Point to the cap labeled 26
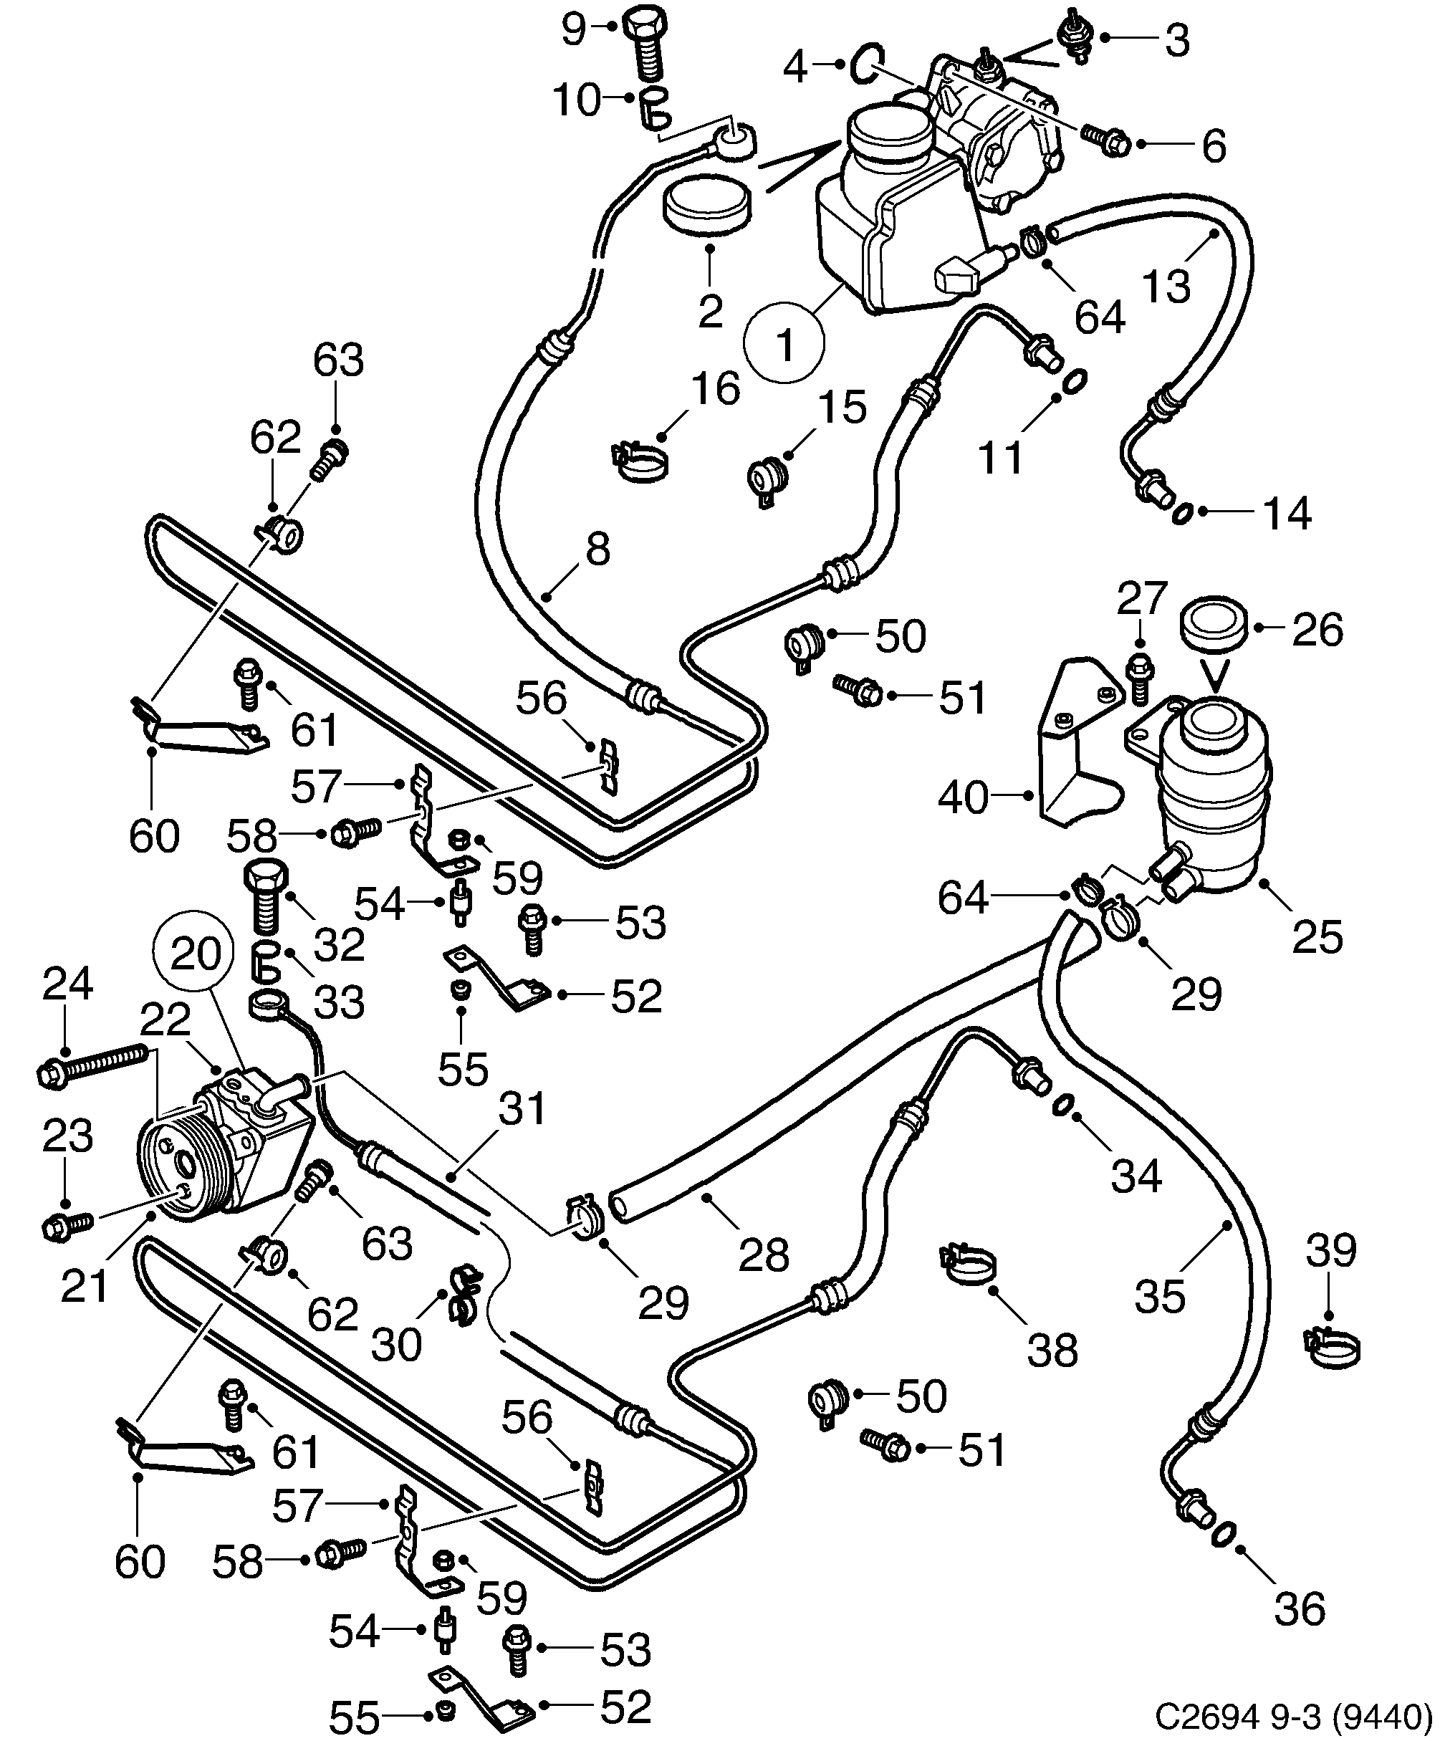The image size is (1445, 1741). pos(1214,627)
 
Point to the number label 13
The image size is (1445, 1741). pos(1166,284)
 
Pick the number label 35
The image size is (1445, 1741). pos(1160,1296)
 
